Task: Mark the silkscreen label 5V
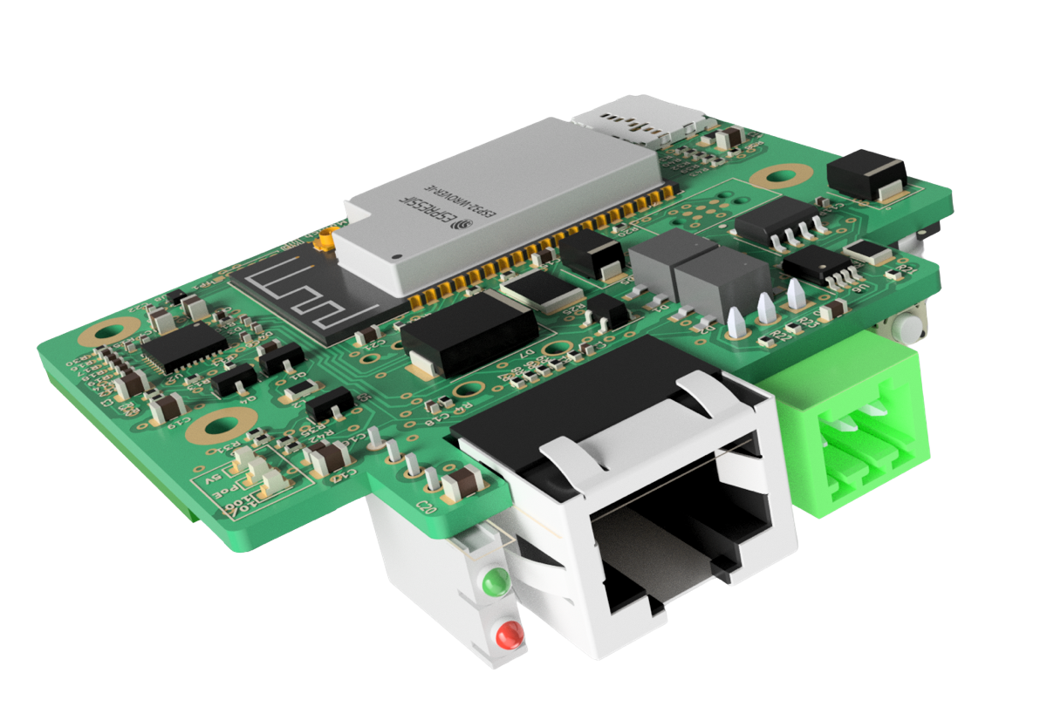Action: pyautogui.click(x=213, y=479)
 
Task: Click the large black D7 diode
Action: pyautogui.click(x=469, y=331)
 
